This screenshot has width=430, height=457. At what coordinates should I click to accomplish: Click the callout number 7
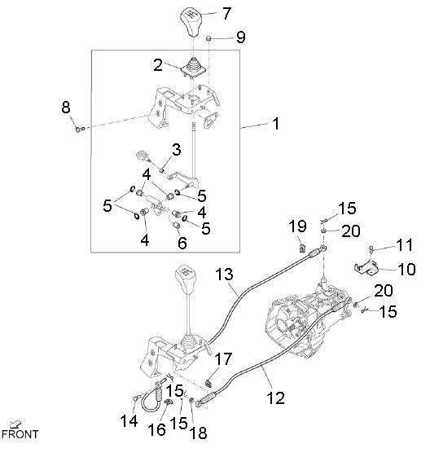coord(226,12)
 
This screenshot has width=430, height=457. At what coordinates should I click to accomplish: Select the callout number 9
coord(239,37)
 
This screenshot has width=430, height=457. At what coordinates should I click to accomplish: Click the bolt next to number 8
coord(78,130)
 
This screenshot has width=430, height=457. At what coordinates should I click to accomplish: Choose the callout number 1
coord(275,125)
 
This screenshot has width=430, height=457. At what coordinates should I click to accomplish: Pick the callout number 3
coord(176,149)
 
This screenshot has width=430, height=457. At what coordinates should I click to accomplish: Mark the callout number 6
coord(182,243)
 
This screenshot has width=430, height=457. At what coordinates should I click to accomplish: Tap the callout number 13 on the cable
coord(223,275)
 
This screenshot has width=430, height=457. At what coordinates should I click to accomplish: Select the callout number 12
coord(277,399)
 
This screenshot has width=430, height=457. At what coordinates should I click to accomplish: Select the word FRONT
coord(20,434)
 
